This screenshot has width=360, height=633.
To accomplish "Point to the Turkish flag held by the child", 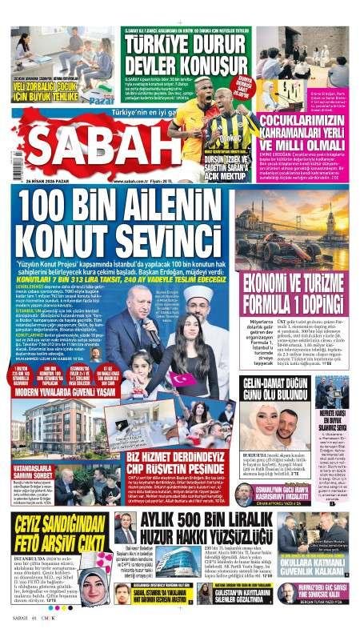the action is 181,377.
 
